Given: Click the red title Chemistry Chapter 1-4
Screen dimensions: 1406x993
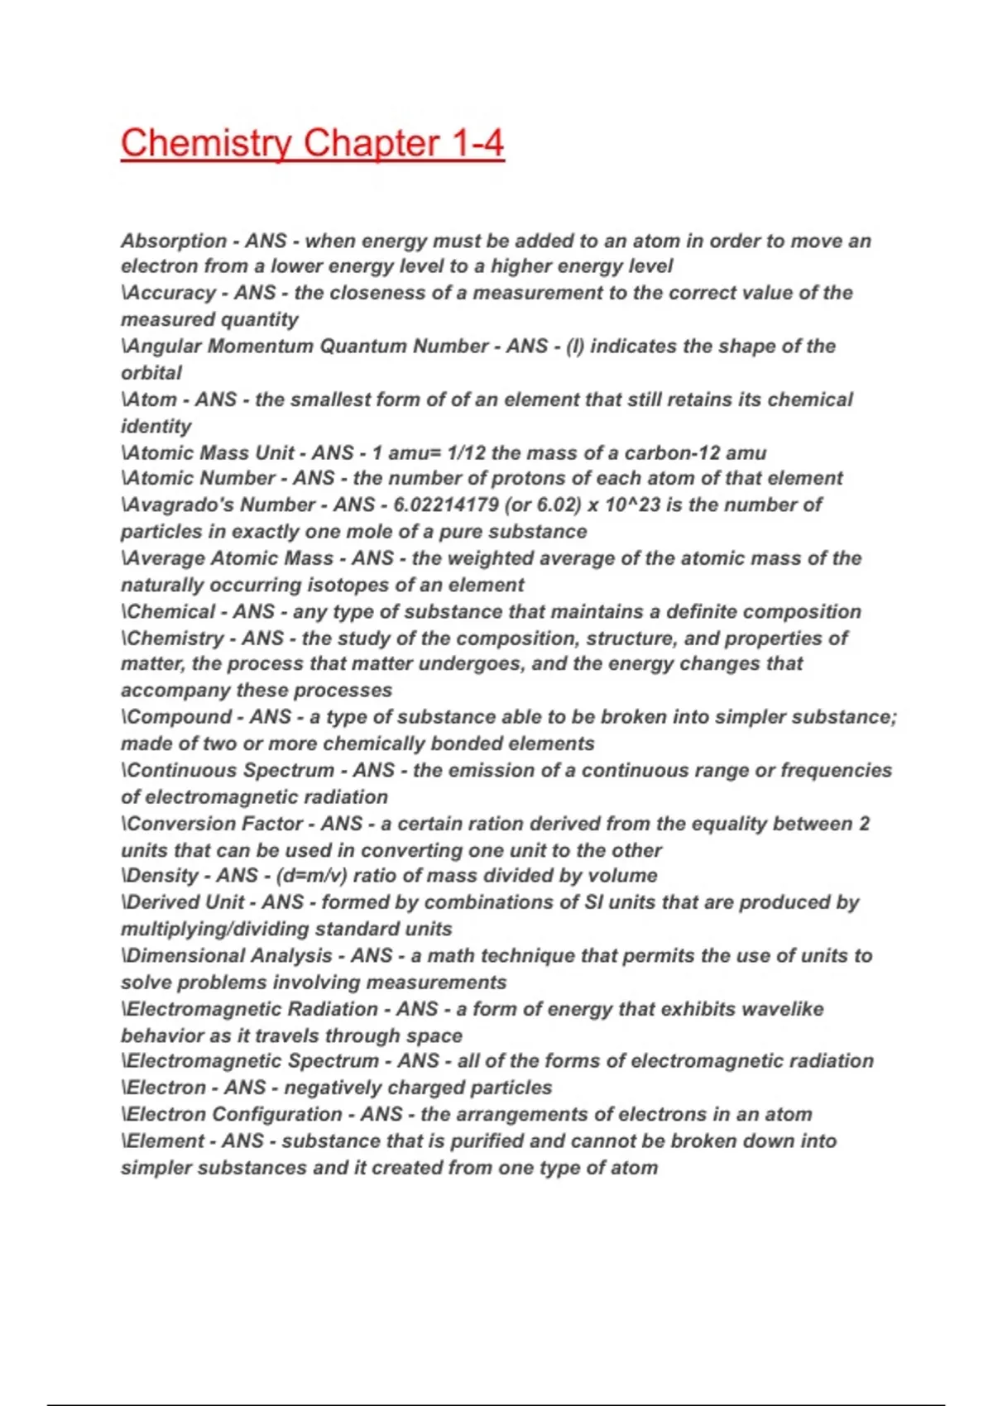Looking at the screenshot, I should click(312, 143).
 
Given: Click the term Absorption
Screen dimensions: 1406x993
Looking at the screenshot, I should click(174, 241).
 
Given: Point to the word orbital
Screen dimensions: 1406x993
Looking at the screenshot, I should click(151, 373).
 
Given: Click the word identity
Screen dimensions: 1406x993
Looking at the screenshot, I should click(156, 426).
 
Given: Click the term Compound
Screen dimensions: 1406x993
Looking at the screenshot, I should click(182, 717).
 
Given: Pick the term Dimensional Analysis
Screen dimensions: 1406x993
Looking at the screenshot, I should click(229, 955).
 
